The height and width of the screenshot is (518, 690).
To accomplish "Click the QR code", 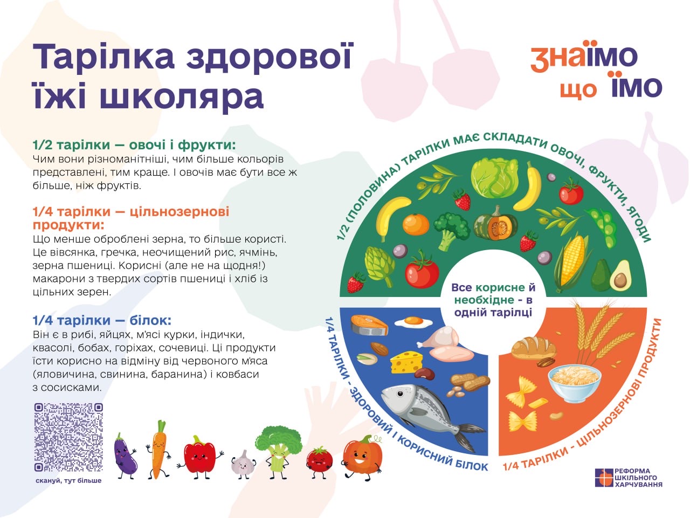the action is click(x=68, y=437).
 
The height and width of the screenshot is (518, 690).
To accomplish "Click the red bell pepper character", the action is click(x=200, y=457).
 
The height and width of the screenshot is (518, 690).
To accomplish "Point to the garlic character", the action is click(x=243, y=464).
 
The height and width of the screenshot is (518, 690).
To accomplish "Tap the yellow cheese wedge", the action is click(x=406, y=362).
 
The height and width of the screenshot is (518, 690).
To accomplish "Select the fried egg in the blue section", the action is click(x=413, y=322).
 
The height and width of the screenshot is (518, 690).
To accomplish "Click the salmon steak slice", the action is click(x=369, y=325).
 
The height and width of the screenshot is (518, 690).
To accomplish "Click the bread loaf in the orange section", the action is click(x=533, y=347).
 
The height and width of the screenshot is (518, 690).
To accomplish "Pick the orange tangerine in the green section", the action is click(x=416, y=224).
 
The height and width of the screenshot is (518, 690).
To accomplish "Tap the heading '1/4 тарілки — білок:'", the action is click(x=102, y=321).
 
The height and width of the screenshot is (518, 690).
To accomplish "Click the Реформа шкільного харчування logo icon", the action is click(x=604, y=478).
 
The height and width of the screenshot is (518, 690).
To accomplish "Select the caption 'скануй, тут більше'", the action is click(x=68, y=481).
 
